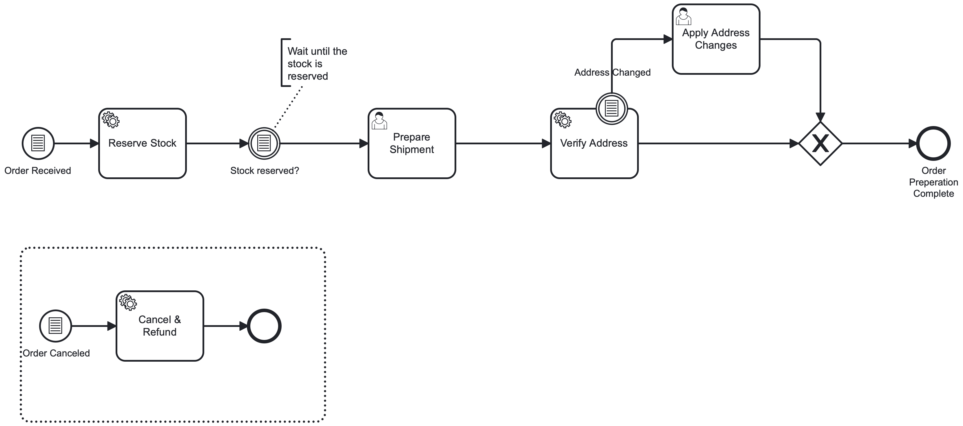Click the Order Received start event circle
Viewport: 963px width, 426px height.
pos(38,143)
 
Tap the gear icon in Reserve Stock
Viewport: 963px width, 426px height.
pos(111,120)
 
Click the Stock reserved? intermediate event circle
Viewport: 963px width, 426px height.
pos(264,143)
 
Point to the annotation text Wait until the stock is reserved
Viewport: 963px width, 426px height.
pos(317,63)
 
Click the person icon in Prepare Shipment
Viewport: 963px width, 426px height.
pos(379,121)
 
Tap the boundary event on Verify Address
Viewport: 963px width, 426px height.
pos(611,108)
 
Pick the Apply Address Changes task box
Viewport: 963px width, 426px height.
pos(716,56)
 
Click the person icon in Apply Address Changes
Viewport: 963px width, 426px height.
pos(683,17)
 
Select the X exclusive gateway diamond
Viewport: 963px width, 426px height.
pos(820,143)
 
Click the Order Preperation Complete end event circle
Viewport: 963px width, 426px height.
pos(933,143)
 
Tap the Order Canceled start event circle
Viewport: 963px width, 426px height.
pos(55,326)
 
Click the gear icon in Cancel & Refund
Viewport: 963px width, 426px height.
pos(128,302)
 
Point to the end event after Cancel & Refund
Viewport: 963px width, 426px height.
pos(264,326)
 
